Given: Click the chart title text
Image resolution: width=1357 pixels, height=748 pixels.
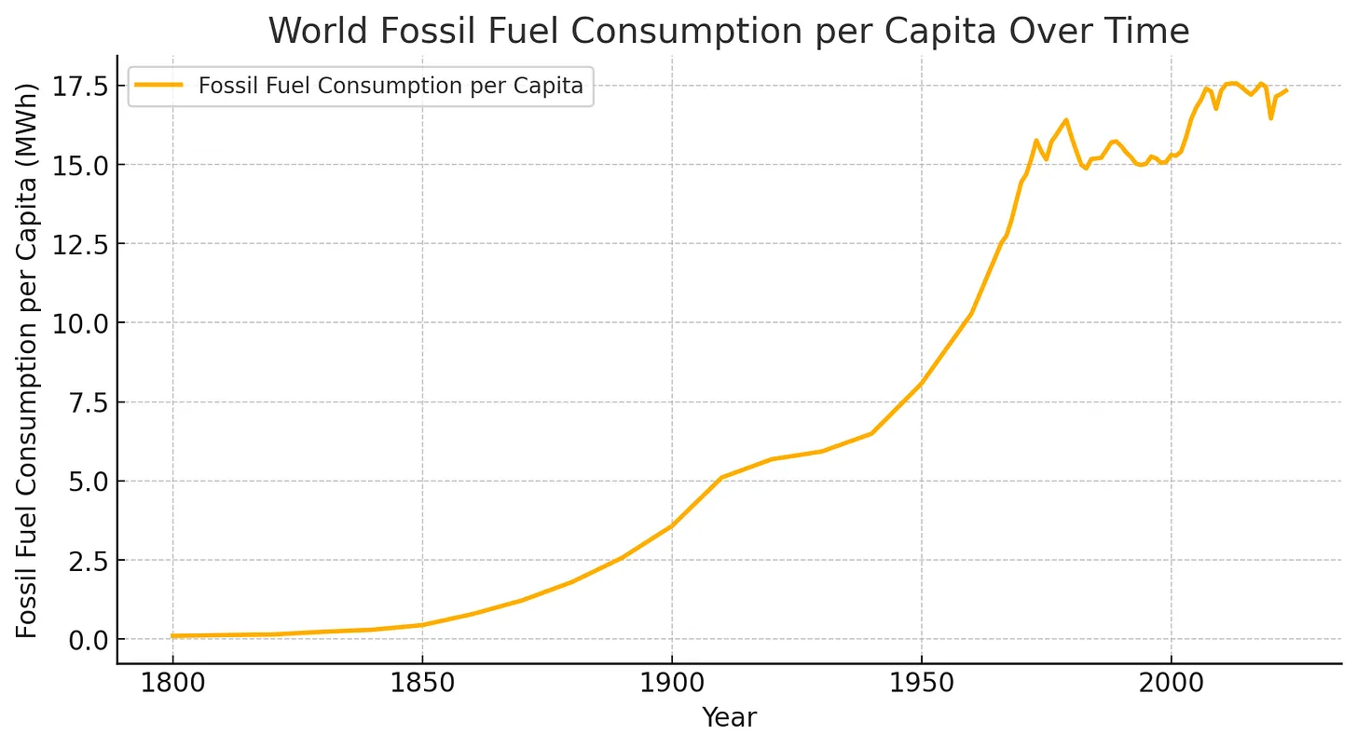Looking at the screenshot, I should point(729,32).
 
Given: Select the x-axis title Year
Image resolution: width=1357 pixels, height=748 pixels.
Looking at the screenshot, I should point(729,717).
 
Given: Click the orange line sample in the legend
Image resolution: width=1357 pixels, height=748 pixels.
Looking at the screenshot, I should point(160,86).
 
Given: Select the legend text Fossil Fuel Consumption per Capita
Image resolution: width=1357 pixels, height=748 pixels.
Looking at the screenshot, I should point(391,86).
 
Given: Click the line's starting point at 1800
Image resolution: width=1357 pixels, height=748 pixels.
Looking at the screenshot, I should point(173,636).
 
